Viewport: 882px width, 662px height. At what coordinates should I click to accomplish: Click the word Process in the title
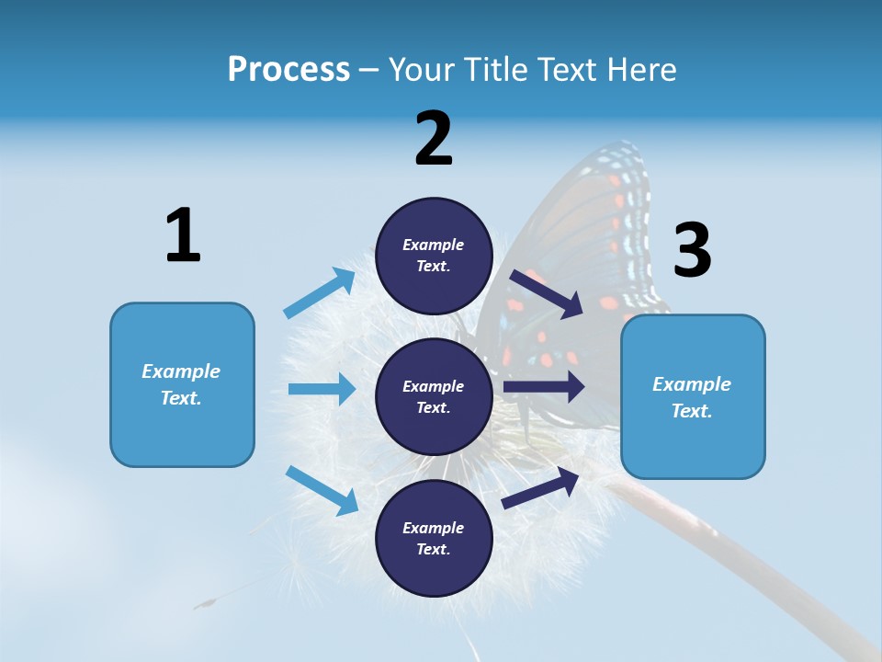pyautogui.click(x=288, y=70)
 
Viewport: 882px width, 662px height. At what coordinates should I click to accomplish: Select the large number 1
pyautogui.click(x=182, y=236)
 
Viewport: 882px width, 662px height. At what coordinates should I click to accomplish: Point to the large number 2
pyautogui.click(x=434, y=139)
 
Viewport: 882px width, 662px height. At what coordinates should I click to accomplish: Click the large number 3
pyautogui.click(x=692, y=251)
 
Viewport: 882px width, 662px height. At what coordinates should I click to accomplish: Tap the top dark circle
pyautogui.click(x=434, y=256)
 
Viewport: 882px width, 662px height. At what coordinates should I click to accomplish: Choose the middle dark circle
pyautogui.click(x=434, y=396)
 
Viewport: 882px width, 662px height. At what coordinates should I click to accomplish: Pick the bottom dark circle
pyautogui.click(x=434, y=538)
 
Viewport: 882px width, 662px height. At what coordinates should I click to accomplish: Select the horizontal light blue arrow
pyautogui.click(x=322, y=389)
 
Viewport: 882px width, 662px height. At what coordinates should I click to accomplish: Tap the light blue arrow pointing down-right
pyautogui.click(x=322, y=490)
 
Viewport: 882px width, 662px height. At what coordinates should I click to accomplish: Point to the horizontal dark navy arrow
pyautogui.click(x=544, y=387)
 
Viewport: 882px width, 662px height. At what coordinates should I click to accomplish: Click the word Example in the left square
pyautogui.click(x=181, y=371)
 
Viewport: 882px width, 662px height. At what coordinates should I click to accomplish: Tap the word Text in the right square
pyautogui.click(x=691, y=411)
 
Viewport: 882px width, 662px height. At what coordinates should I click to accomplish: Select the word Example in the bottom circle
pyautogui.click(x=433, y=528)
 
